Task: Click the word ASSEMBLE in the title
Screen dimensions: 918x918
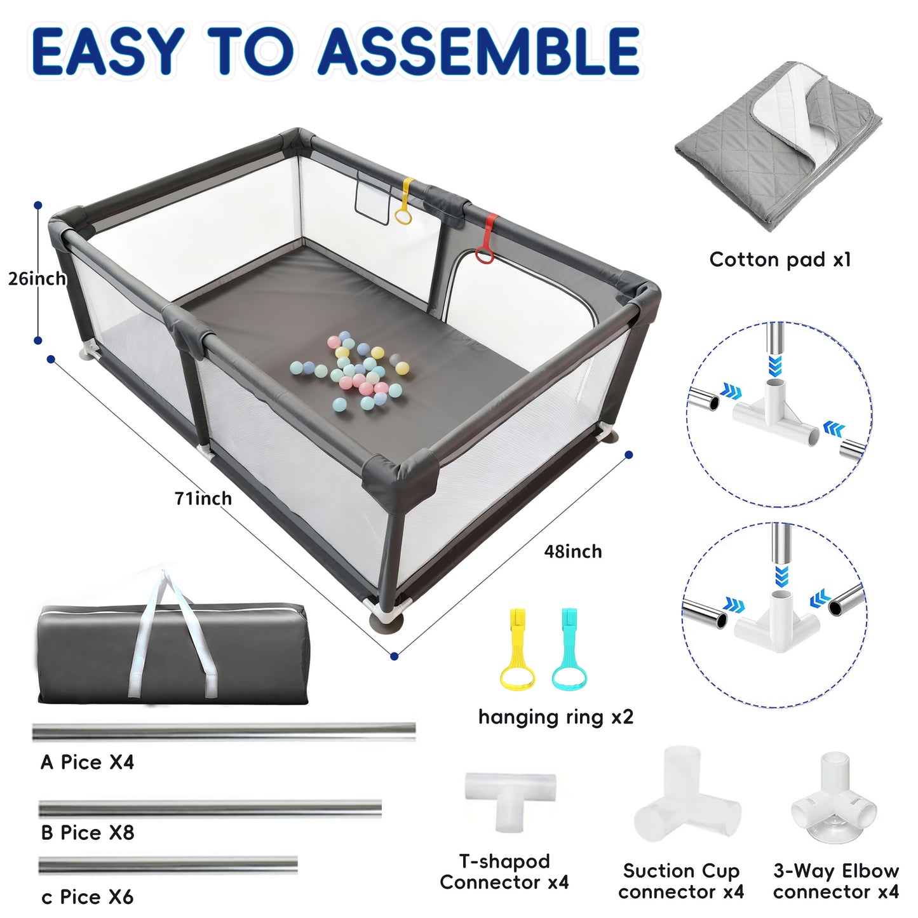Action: [x=479, y=51]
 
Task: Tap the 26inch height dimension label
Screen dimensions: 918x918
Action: [x=37, y=278]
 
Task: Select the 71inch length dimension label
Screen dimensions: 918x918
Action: [x=203, y=499]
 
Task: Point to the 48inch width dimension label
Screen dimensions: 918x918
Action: [x=572, y=551]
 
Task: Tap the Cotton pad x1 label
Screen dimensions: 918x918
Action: [x=780, y=259]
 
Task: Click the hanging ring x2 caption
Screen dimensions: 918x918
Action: [x=555, y=717]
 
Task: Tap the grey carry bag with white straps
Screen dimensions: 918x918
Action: [x=172, y=654]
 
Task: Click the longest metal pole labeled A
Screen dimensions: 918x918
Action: [x=224, y=732]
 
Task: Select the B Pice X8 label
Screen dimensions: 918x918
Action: [x=87, y=833]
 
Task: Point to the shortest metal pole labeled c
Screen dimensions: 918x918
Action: [x=168, y=865]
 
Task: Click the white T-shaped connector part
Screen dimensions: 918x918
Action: [x=510, y=795]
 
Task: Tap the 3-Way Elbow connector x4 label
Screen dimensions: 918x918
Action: [x=835, y=881]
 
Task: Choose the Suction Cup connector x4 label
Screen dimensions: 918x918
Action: [x=680, y=881]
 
